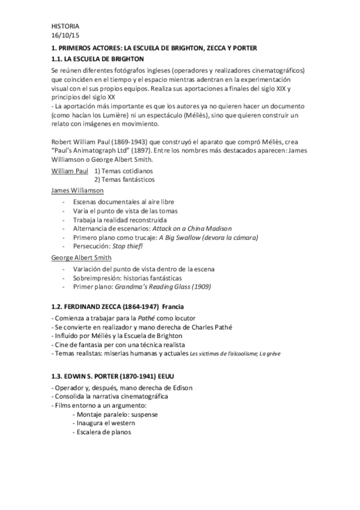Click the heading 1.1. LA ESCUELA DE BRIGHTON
pos(97,58)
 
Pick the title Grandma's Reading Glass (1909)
pos(163,286)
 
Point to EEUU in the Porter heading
pos(168,376)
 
